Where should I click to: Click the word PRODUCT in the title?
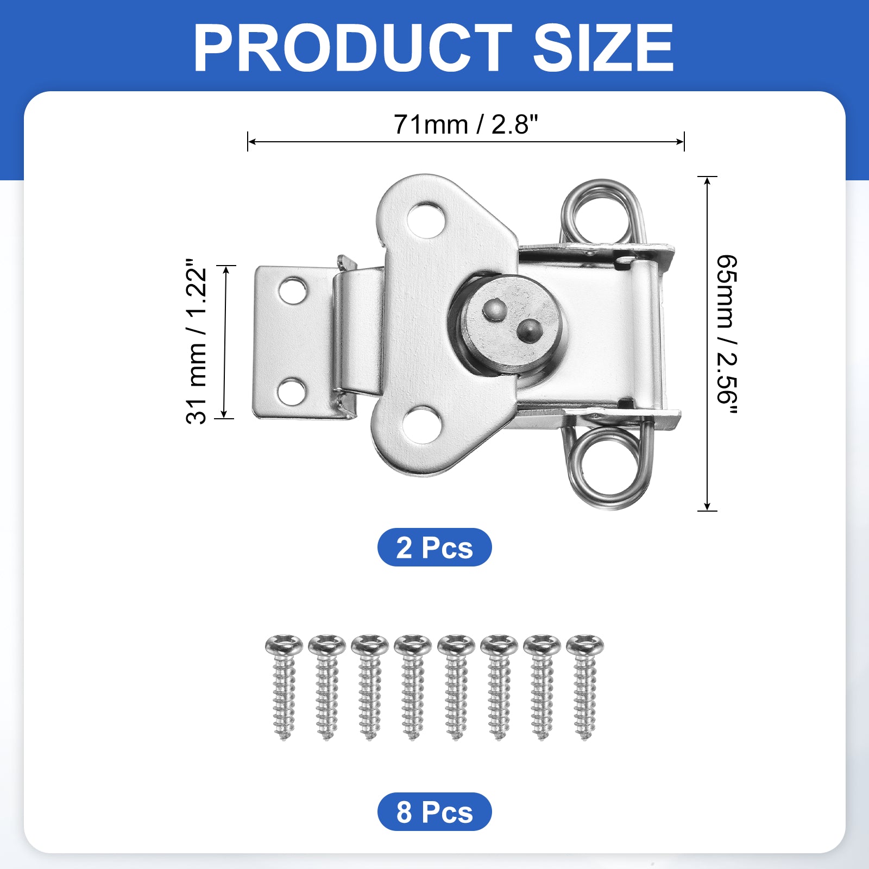352,48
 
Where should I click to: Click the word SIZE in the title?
603,48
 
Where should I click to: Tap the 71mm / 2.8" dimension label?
465,124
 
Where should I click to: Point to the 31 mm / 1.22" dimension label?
196,341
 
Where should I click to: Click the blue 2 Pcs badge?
434,547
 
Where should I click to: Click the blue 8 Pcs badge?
434,811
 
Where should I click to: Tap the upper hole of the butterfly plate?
427,220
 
